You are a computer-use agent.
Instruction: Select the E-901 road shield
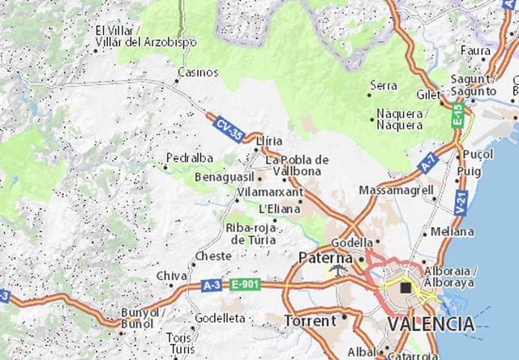pyautogui.click(x=243, y=285)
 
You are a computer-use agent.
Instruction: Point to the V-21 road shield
pyautogui.click(x=461, y=203)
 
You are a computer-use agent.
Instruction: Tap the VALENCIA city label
pyautogui.click(x=431, y=324)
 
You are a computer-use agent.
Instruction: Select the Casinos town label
pyautogui.click(x=198, y=71)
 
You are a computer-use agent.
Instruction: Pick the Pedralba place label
pyautogui.click(x=189, y=157)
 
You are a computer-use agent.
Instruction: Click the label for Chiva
pyautogui.click(x=171, y=276)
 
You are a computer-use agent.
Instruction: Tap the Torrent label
pyautogui.click(x=310, y=321)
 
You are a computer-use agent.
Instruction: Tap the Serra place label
pyautogui.click(x=384, y=84)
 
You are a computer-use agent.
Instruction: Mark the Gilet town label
pyautogui.click(x=427, y=95)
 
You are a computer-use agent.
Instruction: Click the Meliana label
pyautogui.click(x=453, y=231)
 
